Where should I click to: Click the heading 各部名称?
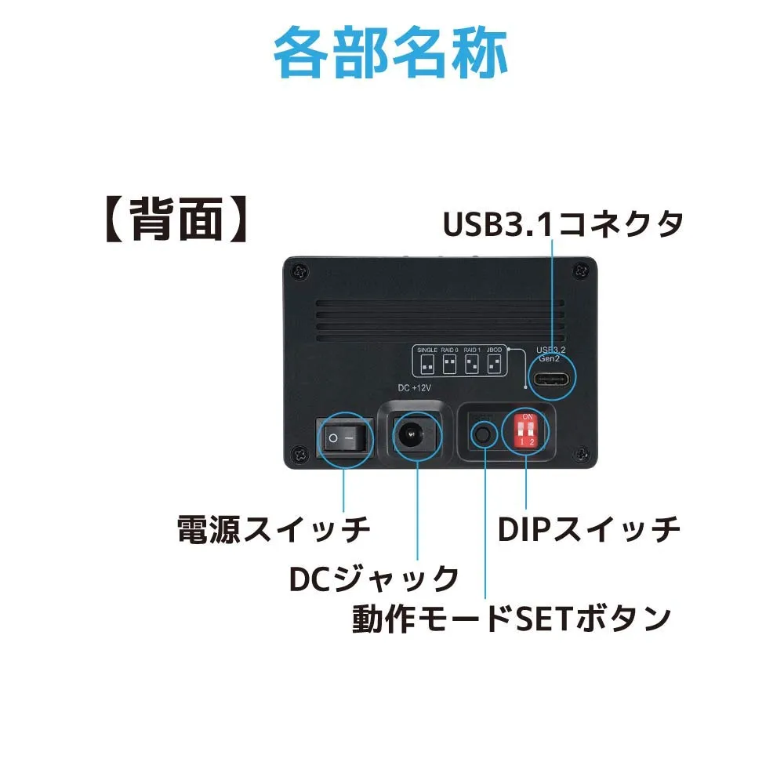point(391,53)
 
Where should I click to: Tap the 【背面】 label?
point(177,220)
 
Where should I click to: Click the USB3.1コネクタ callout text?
point(563,224)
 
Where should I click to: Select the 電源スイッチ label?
point(273,530)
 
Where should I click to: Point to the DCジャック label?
point(374,579)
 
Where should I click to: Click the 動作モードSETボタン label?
point(511,619)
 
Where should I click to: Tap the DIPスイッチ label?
point(589,530)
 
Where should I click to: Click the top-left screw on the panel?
point(299,270)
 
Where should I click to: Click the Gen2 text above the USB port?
point(549,358)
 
